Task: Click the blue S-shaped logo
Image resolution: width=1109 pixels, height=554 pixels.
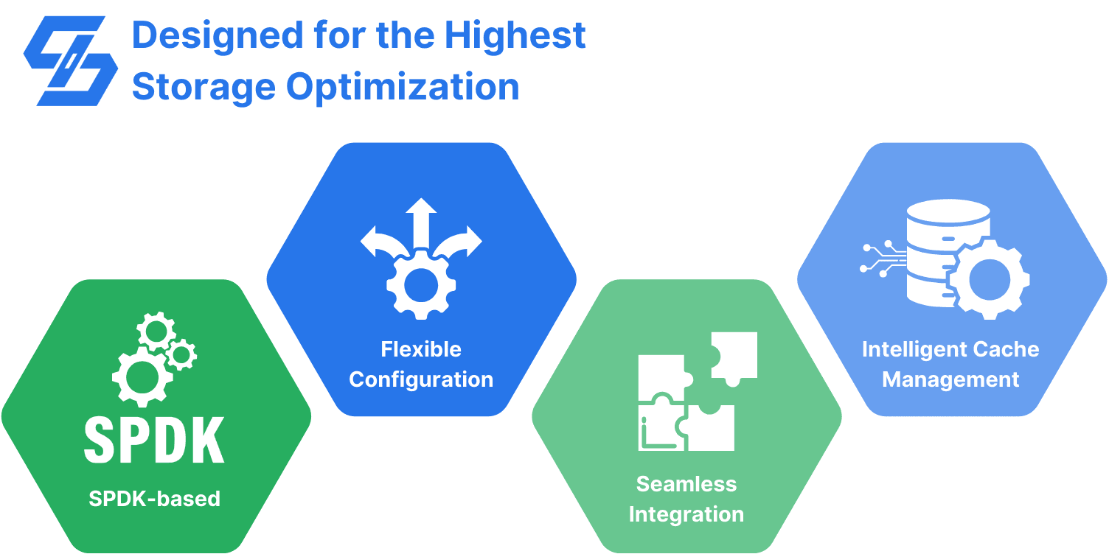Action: tap(71, 61)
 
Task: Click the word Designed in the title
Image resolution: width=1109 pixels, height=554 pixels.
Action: tap(218, 35)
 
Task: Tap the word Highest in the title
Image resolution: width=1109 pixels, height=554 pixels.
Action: tap(515, 35)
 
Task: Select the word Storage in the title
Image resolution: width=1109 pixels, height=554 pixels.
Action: tap(204, 88)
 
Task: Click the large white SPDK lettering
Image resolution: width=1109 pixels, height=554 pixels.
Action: tap(154, 440)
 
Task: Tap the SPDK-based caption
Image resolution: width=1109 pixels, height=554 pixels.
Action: tap(154, 499)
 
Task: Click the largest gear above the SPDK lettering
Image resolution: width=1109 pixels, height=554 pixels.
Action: tap(142, 377)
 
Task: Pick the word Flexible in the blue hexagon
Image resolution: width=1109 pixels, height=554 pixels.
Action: tap(421, 349)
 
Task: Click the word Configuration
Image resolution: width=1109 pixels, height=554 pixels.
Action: tap(421, 380)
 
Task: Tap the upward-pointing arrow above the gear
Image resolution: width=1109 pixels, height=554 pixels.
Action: tap(421, 222)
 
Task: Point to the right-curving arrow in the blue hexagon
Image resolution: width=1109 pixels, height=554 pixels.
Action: tap(458, 242)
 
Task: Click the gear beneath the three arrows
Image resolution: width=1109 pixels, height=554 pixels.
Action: tap(421, 284)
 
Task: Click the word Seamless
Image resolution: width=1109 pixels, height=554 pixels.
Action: tap(686, 484)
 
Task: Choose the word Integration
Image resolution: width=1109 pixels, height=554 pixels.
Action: tap(686, 514)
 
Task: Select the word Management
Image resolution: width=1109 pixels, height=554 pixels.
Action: tap(950, 380)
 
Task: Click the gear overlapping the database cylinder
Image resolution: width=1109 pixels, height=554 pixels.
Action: tap(990, 279)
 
